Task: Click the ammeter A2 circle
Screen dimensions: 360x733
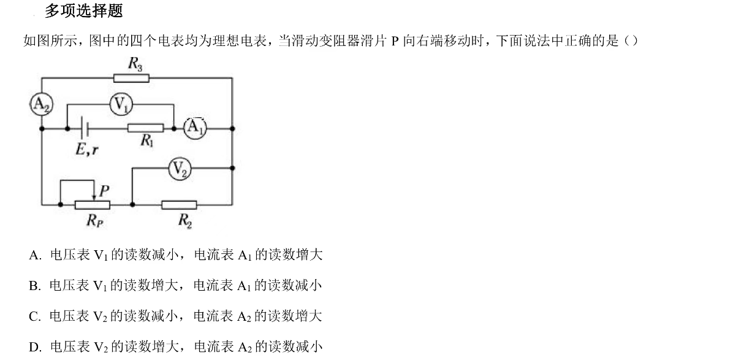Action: click(42, 105)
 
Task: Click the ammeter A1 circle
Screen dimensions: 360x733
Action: click(195, 128)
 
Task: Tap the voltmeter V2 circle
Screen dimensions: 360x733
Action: click(180, 169)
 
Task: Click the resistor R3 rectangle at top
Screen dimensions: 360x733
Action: click(131, 77)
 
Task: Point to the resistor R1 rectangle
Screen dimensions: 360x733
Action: click(145, 128)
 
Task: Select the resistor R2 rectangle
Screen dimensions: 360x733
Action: click(179, 204)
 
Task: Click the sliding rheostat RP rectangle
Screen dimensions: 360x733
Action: click(93, 204)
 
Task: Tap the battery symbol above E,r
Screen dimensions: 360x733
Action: click(86, 128)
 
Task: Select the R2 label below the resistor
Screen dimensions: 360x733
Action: click(184, 220)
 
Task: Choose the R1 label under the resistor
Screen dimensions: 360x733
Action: click(147, 142)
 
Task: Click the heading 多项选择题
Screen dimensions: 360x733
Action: click(83, 11)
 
